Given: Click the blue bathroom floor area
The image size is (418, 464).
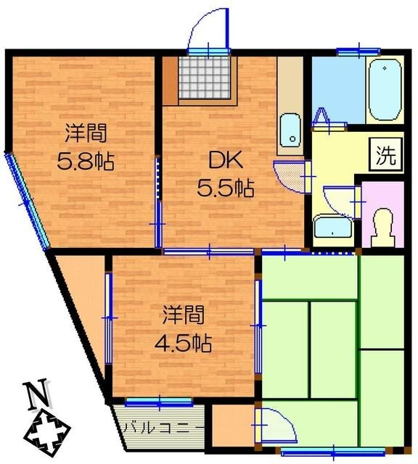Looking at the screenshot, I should pos(335,91).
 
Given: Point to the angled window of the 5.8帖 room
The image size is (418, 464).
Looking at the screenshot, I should pos(28,199).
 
